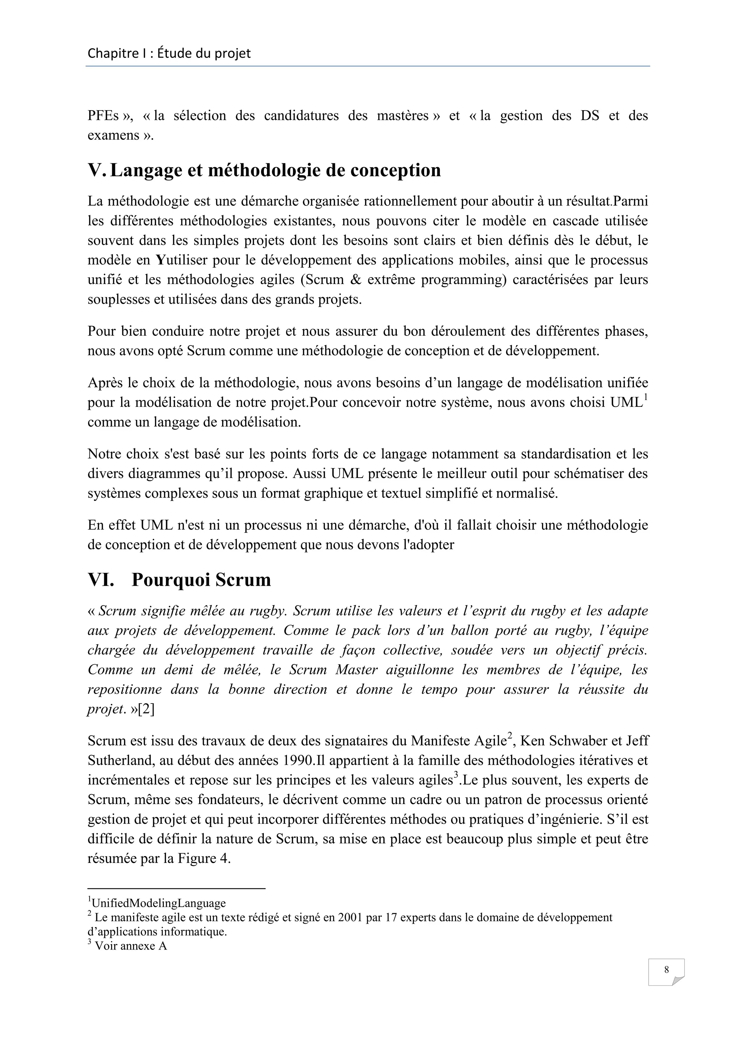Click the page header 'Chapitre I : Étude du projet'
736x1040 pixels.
tap(169, 54)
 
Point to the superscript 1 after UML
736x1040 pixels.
tap(646, 397)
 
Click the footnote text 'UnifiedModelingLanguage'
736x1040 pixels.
tap(158, 903)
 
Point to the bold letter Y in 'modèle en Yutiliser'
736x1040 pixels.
tap(160, 260)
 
